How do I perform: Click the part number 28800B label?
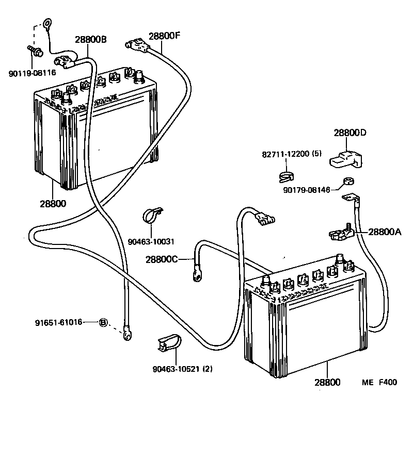click(91, 39)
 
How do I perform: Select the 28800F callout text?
click(165, 36)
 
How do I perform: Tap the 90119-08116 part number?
click(32, 73)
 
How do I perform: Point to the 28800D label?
click(350, 133)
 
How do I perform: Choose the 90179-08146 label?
click(307, 190)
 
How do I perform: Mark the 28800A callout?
click(385, 232)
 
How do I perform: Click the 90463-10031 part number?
click(151, 242)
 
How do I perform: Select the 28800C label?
click(162, 259)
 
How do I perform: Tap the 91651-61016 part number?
click(58, 322)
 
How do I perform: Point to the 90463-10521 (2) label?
click(183, 369)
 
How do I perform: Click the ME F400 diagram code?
click(379, 382)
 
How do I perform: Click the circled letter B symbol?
click(103, 322)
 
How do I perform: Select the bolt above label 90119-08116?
click(35, 51)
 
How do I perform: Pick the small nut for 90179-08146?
click(348, 181)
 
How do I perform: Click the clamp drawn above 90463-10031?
click(152, 215)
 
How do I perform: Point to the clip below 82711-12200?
click(286, 177)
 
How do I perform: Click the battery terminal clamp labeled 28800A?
click(341, 232)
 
